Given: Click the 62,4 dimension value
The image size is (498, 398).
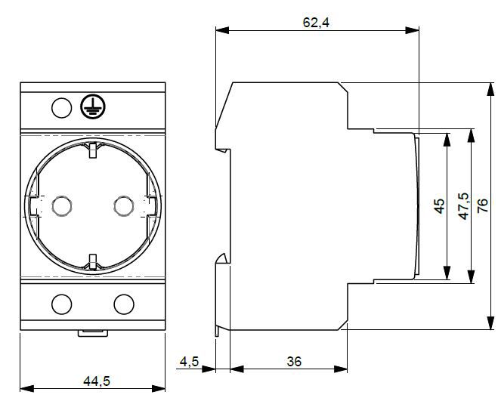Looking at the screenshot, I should (316, 23).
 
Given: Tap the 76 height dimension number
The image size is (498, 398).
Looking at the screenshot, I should (484, 206).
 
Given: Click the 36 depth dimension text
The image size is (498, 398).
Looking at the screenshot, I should (294, 362).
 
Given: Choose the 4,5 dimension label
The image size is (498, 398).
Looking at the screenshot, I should (189, 362).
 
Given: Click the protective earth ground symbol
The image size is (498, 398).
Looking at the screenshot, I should (90, 108).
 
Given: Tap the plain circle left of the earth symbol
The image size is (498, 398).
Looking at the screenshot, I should (61, 108).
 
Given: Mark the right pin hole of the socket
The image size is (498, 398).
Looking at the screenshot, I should (123, 205).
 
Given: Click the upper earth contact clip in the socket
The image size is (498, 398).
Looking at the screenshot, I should (92, 150).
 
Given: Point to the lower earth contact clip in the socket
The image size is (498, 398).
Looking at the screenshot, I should (92, 261).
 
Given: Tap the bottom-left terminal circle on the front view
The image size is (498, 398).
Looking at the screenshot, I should (60, 304).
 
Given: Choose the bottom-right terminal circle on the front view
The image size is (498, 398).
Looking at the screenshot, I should (123, 304).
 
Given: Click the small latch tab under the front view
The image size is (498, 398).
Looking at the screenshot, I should (92, 332).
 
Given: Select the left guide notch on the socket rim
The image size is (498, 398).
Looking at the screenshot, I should (32, 205).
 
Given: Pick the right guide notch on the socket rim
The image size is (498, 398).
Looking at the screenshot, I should (151, 205).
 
